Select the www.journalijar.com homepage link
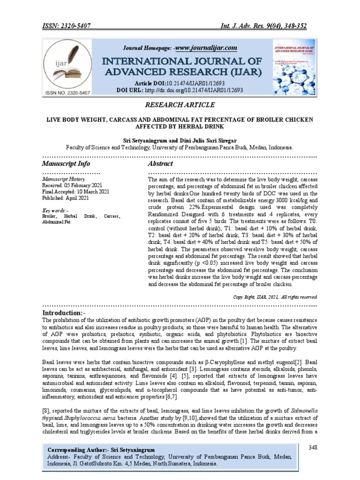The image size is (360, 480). coord(206,48)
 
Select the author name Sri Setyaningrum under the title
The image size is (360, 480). coord(142,140)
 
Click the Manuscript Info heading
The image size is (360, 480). coord(66,164)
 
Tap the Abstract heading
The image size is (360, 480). coord(160,164)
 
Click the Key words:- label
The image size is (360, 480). coord(55,210)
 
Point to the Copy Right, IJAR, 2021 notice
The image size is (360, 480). coord(276,297)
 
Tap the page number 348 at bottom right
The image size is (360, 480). coord(313,448)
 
